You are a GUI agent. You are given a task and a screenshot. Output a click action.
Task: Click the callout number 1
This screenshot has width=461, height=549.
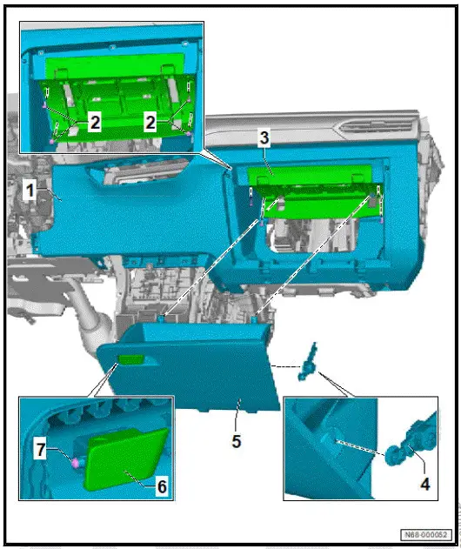pyautogui.click(x=30, y=191)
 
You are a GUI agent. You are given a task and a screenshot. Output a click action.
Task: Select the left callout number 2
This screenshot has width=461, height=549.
pyautogui.click(x=95, y=123)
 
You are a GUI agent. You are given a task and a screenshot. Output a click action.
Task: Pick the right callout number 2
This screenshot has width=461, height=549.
pyautogui.click(x=150, y=123)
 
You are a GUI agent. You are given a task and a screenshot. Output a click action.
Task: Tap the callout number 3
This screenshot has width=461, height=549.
pyautogui.click(x=264, y=137)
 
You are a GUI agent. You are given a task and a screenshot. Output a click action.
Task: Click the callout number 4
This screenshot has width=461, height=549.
pyautogui.click(x=424, y=485)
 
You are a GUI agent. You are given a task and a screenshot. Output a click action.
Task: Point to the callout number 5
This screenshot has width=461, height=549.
pyautogui.click(x=237, y=441)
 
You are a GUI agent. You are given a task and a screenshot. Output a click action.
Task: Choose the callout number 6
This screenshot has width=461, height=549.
pyautogui.click(x=162, y=486)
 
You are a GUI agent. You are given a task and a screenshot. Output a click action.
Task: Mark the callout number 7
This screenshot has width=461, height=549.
pyautogui.click(x=41, y=450)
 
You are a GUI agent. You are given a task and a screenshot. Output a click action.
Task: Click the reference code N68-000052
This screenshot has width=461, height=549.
pyautogui.click(x=425, y=535)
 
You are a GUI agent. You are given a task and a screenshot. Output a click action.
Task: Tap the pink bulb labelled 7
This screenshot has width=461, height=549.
pyautogui.click(x=75, y=463)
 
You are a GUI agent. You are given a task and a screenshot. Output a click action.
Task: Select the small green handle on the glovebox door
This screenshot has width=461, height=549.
pyautogui.click(x=130, y=359)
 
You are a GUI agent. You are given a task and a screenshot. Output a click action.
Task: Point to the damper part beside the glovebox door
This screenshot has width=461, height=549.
pyautogui.click(x=307, y=362)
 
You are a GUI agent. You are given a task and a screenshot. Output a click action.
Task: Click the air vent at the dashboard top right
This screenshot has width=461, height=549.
pyautogui.click(x=377, y=127)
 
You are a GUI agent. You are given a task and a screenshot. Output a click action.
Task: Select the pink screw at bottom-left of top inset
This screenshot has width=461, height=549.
pyautogui.click(x=52, y=141)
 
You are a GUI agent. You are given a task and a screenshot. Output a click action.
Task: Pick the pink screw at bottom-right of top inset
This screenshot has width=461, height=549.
pyautogui.click(x=189, y=134)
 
